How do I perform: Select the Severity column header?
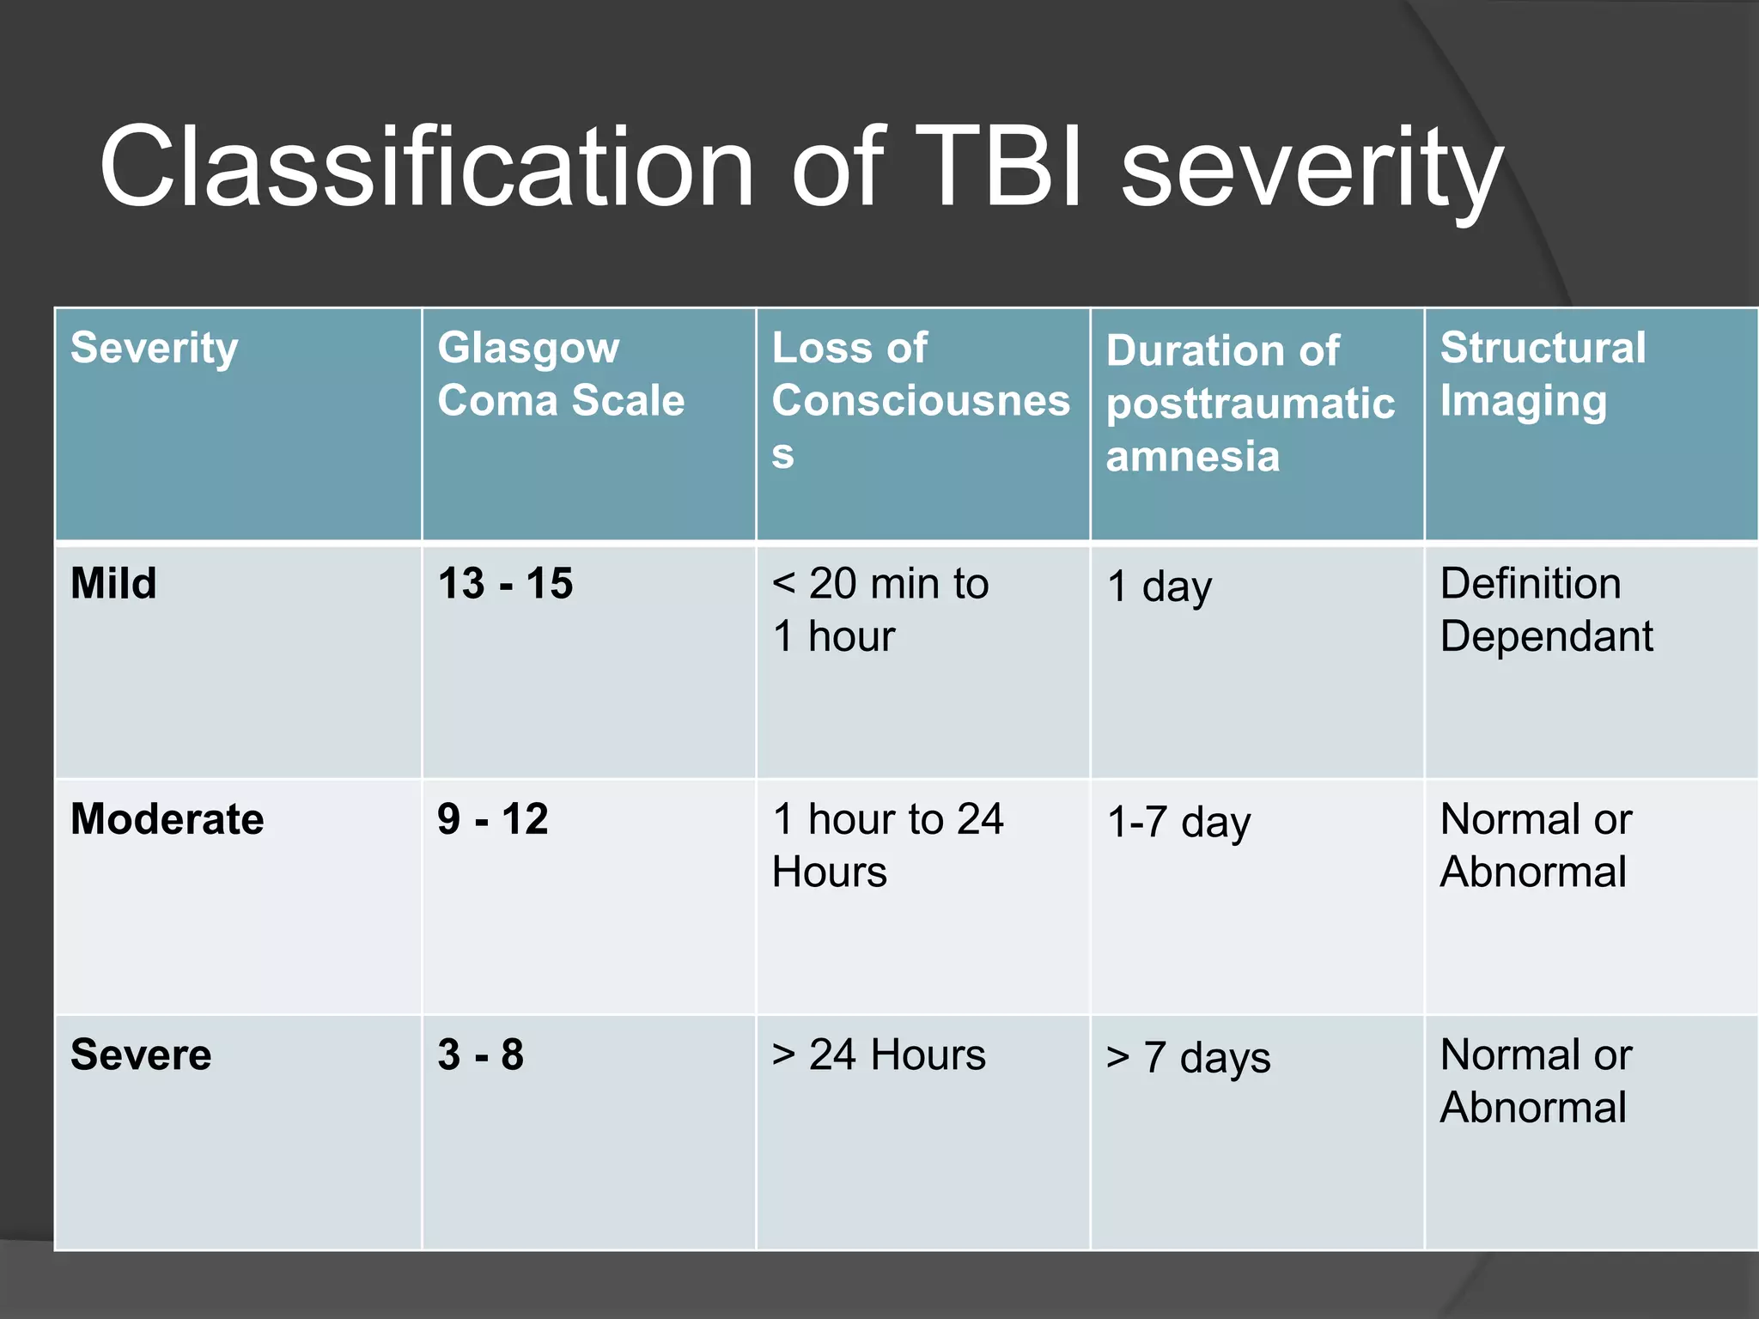click(x=155, y=349)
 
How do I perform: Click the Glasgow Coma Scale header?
click(x=561, y=374)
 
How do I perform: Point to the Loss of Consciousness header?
click(x=920, y=399)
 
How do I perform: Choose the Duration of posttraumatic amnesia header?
click(x=1250, y=403)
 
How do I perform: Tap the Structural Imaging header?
click(x=1543, y=374)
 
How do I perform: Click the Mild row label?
click(x=113, y=584)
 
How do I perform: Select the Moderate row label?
click(x=167, y=819)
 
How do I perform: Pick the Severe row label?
click(x=141, y=1055)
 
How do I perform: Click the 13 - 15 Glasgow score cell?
click(x=505, y=584)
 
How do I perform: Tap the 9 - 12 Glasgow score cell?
click(x=493, y=819)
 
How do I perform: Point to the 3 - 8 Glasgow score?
click(x=481, y=1055)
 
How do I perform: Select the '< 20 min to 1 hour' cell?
click(x=879, y=610)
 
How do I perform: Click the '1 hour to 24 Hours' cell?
click(x=887, y=845)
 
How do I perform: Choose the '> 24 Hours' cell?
click(x=879, y=1055)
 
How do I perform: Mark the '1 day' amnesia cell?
click(x=1159, y=587)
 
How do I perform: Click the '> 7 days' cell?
click(x=1188, y=1058)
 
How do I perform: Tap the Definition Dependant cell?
click(x=1546, y=610)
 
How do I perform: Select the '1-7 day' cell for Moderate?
click(x=1178, y=823)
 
